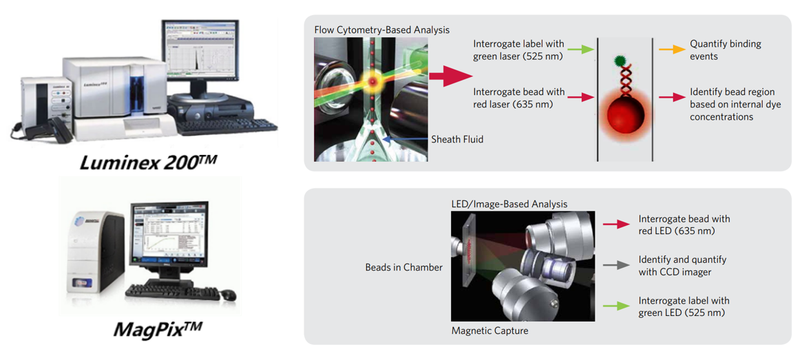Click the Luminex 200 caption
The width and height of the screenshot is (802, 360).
pyautogui.click(x=148, y=162)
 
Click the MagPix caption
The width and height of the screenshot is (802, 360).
pyautogui.click(x=158, y=328)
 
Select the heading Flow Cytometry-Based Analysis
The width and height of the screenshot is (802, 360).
pyautogui.click(x=381, y=30)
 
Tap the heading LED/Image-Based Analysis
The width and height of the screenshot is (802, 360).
pyautogui.click(x=509, y=204)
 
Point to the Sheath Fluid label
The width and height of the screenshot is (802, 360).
pyautogui.click(x=457, y=139)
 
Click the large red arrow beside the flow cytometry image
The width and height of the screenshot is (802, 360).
pyautogui.click(x=447, y=75)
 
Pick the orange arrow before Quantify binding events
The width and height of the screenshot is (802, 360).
pyautogui.click(x=672, y=50)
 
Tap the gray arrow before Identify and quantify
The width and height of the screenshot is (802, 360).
pyautogui.click(x=616, y=265)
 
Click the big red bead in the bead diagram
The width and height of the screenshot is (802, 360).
pyautogui.click(x=624, y=116)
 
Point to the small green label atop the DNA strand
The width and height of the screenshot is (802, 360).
pyautogui.click(x=620, y=61)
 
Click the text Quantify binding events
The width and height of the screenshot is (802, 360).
pyautogui.click(x=725, y=50)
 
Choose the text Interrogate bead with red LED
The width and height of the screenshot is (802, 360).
pyautogui.click(x=684, y=224)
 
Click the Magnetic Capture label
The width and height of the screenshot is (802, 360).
pyautogui.click(x=489, y=330)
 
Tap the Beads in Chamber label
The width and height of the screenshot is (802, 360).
pyautogui.click(x=403, y=267)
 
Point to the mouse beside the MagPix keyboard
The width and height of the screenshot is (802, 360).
pyautogui.click(x=229, y=296)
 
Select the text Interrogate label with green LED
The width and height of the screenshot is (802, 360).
pyautogui.click(x=684, y=306)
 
